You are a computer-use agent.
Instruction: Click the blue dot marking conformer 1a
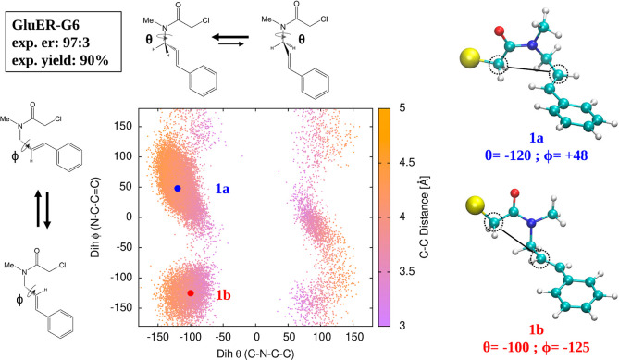click(178, 188)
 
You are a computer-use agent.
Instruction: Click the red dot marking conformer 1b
click(191, 292)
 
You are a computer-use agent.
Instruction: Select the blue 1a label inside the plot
click(223, 188)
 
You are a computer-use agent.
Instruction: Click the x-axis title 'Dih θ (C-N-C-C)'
click(257, 353)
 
